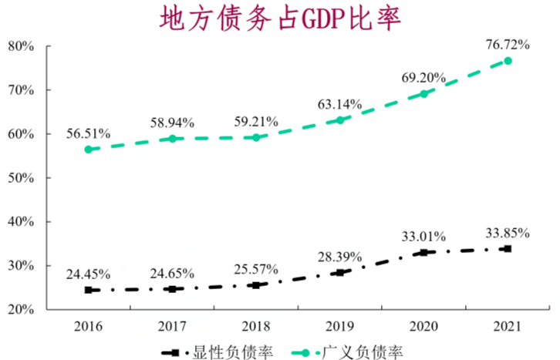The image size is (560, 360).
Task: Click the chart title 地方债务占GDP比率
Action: tap(279, 19)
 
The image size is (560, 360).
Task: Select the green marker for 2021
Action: tap(508, 61)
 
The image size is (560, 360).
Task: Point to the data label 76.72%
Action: tap(508, 45)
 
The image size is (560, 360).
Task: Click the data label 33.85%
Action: tap(508, 232)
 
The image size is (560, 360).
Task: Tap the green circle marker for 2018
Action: tap(256, 137)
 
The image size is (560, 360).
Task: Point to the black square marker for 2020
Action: tap(423, 252)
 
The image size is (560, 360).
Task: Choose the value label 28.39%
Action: tap(339, 256)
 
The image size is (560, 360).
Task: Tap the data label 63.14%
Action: tap(339, 104)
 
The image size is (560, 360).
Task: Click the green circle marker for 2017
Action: tap(172, 139)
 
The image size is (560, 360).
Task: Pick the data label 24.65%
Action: tap(172, 272)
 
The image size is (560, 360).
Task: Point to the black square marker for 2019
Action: tap(339, 272)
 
